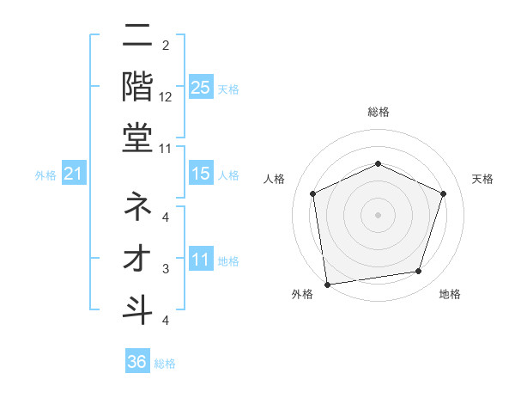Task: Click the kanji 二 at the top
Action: (x=138, y=38)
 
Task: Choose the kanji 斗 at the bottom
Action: (x=138, y=309)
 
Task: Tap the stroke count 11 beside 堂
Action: (x=167, y=149)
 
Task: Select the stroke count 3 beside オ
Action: (x=167, y=268)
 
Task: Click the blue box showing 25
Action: (x=200, y=87)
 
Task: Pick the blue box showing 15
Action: (x=200, y=174)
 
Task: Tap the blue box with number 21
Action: (x=73, y=174)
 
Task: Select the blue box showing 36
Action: (x=137, y=362)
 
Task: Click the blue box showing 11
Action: (x=200, y=260)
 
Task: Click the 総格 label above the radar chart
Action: (x=378, y=112)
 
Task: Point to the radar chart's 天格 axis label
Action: (x=482, y=179)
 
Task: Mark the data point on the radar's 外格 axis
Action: (x=327, y=284)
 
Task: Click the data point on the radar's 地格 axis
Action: (x=419, y=272)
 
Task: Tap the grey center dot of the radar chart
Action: (x=378, y=214)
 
